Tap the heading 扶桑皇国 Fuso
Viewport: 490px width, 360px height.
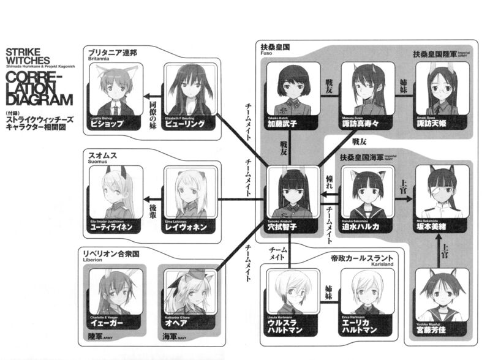pyautogui.click(x=275, y=48)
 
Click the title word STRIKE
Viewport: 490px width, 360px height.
pyautogui.click(x=23, y=52)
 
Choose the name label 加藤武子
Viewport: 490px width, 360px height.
pyautogui.click(x=290, y=123)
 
